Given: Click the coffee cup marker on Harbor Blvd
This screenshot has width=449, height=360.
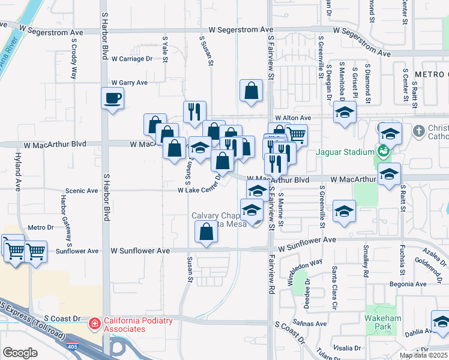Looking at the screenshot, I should tap(112, 98).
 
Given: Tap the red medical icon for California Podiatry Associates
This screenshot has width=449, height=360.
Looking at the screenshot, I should tap(94, 325).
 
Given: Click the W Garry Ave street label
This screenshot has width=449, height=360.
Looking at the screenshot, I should tap(129, 83).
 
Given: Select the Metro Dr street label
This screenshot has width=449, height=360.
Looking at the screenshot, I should tap(41, 227).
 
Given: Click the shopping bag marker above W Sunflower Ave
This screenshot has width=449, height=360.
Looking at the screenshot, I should tap(206, 232).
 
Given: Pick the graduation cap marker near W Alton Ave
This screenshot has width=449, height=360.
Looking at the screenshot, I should tap(345, 112).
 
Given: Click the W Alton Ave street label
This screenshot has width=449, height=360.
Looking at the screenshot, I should tap(293, 118).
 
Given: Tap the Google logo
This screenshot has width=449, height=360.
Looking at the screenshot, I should tap(20, 353).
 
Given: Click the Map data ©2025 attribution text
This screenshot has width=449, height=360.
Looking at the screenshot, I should tap(423, 355).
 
